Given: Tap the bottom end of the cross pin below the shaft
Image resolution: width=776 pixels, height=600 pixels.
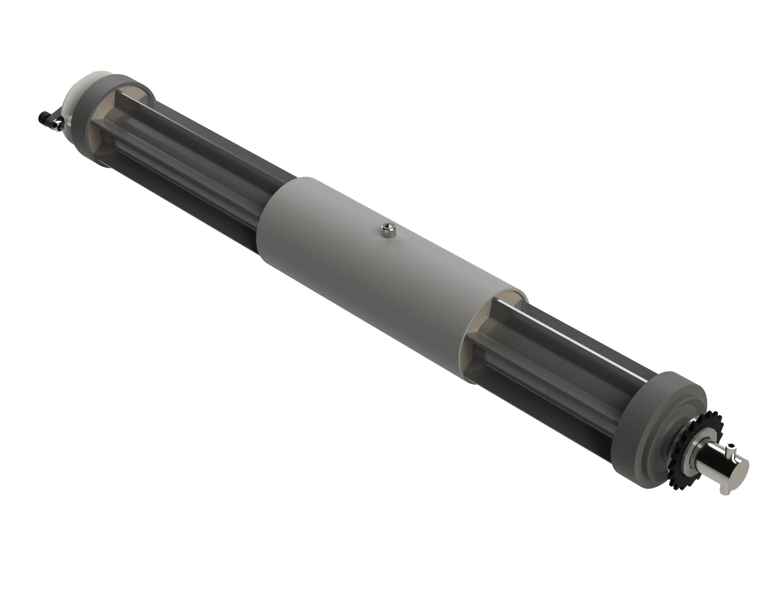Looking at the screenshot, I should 725,491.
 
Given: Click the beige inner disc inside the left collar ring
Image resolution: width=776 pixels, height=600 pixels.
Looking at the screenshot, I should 103,117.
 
